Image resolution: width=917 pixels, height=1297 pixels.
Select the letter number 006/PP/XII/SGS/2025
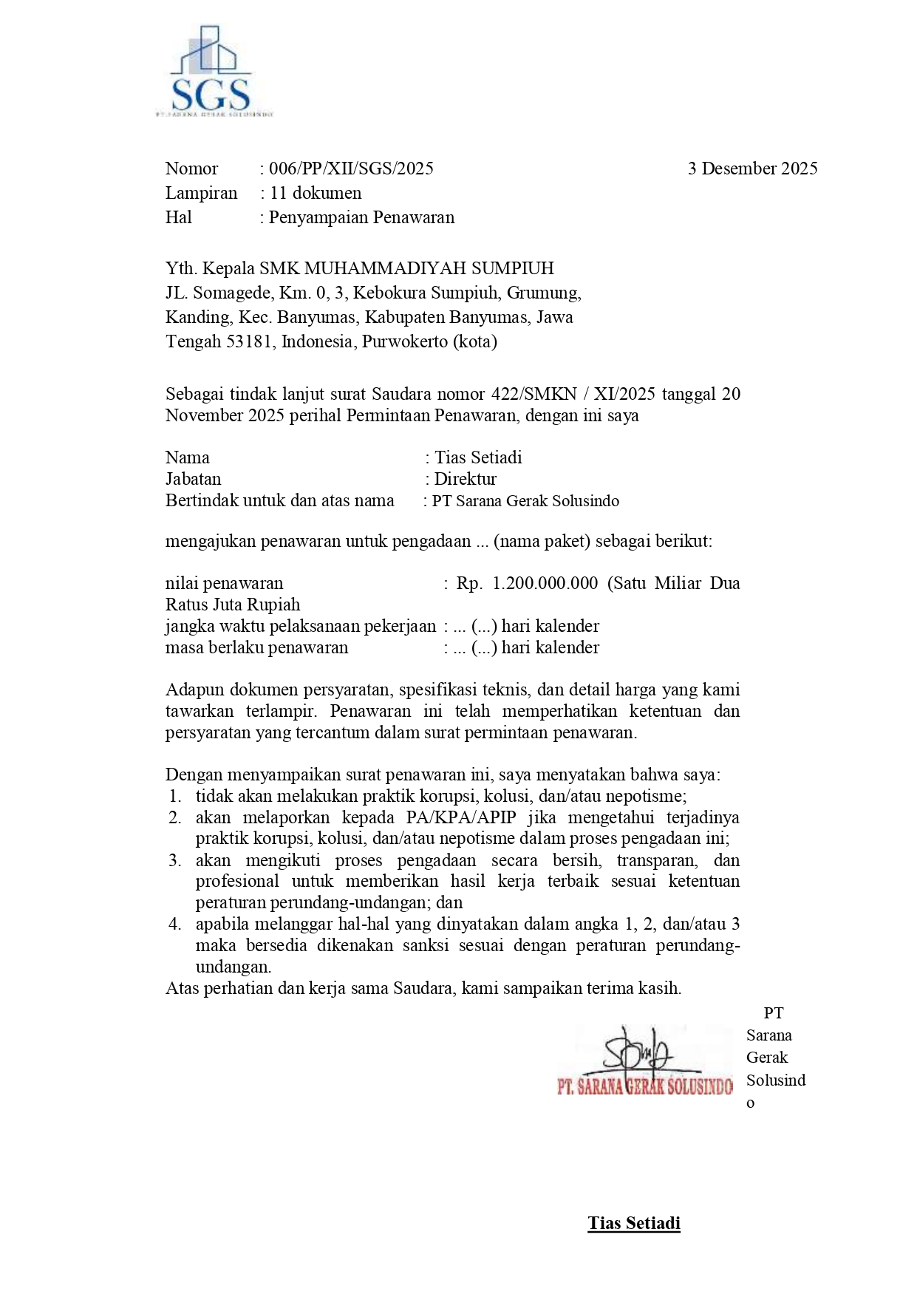351,168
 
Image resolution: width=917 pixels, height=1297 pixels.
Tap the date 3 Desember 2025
752,168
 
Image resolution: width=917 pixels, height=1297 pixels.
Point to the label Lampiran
201,193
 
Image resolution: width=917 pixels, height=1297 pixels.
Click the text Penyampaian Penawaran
361,217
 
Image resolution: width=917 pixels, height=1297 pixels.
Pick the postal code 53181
250,341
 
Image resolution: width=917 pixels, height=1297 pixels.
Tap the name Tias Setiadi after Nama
478,457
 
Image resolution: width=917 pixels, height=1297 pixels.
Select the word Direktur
465,479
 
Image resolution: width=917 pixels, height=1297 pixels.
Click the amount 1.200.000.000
545,583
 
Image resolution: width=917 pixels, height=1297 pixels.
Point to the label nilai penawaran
224,583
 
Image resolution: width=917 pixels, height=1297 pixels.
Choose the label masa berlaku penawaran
256,647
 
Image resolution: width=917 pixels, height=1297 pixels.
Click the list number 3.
174,860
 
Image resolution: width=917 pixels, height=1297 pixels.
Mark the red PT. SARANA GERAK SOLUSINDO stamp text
644,1087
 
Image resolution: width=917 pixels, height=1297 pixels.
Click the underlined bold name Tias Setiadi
634,1223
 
